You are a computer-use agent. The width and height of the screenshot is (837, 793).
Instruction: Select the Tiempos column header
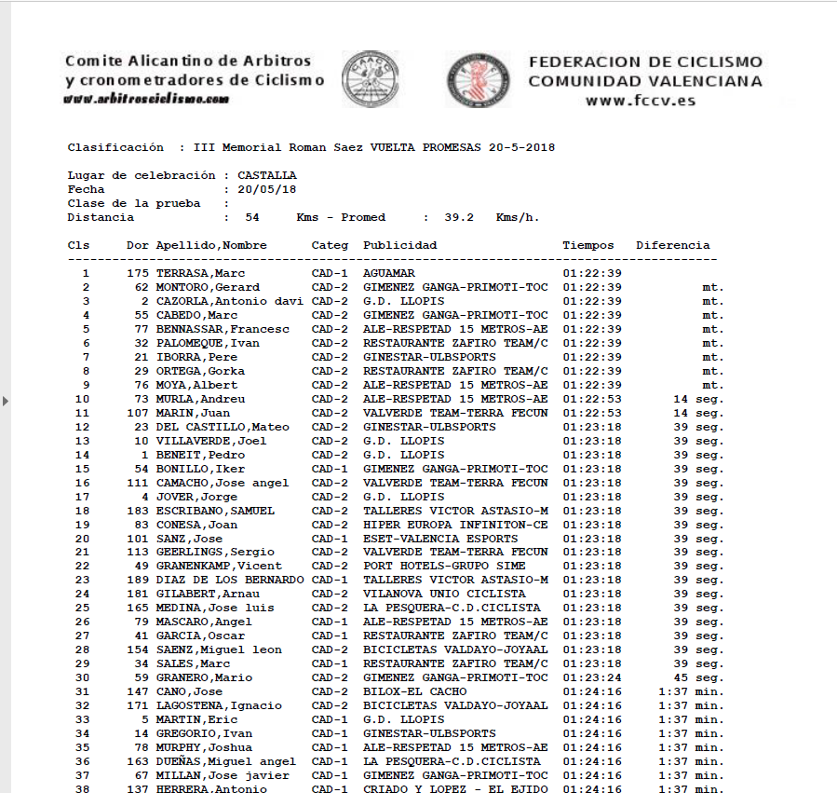coord(587,245)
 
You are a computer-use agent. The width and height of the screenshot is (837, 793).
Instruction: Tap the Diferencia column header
coord(672,245)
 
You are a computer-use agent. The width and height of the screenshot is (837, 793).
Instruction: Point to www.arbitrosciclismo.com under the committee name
coord(147,99)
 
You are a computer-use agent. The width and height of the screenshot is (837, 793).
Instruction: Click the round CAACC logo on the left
coord(371,78)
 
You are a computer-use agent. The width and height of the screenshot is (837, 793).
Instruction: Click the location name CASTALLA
coord(267,175)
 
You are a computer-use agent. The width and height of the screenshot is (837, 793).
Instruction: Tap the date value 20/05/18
coord(267,189)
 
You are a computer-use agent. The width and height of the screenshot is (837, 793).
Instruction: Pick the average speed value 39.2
coord(459,217)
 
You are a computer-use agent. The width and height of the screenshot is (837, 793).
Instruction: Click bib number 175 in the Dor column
coord(137,273)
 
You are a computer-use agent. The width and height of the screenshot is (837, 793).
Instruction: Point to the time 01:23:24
coord(591,677)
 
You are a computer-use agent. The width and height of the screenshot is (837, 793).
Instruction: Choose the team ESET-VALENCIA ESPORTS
coord(439,538)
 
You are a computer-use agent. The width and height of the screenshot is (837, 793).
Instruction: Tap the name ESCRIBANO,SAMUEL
coord(215,511)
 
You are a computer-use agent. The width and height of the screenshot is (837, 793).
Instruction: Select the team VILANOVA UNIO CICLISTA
coord(443,594)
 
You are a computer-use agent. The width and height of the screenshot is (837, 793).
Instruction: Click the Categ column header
coord(330,245)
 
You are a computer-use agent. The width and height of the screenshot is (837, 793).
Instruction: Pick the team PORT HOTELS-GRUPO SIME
coord(443,566)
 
